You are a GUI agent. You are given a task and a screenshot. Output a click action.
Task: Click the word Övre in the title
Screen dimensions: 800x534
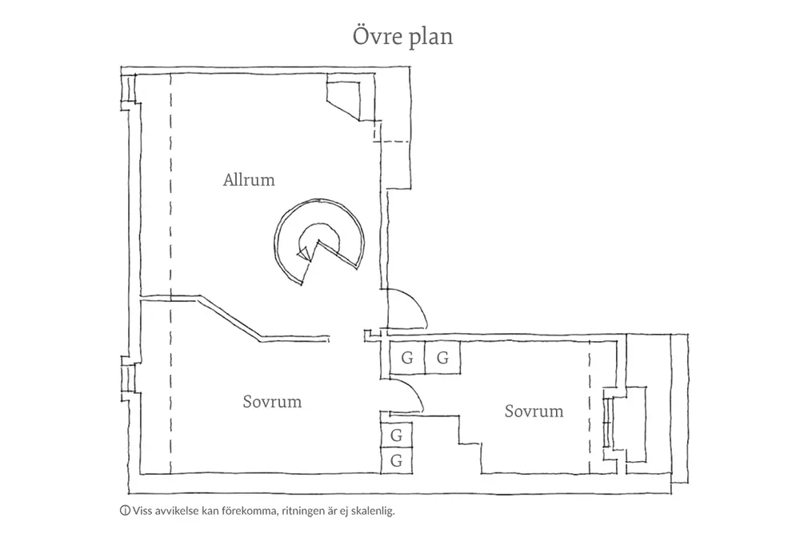point(377,36)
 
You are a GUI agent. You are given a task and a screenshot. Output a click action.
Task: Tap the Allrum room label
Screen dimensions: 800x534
point(249,179)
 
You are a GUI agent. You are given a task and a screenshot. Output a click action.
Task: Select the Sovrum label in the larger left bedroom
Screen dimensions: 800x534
point(273,402)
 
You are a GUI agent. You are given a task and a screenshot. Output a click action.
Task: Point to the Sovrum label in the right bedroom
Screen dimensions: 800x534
point(534,411)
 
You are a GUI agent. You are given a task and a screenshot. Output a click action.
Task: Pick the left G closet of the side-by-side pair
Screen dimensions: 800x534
point(407,358)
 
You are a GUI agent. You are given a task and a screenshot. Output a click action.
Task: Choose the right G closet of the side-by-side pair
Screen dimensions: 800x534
point(443,358)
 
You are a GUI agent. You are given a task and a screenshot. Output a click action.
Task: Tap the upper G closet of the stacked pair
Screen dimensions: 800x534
point(397,436)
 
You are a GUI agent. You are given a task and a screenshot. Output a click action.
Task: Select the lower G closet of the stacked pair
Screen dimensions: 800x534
point(397,461)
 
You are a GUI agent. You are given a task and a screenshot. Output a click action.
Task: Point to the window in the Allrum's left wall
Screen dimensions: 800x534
point(128,90)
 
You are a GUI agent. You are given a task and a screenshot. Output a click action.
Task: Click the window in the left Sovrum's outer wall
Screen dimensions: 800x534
point(128,379)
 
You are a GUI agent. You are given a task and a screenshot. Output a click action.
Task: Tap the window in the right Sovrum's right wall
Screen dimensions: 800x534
point(607,422)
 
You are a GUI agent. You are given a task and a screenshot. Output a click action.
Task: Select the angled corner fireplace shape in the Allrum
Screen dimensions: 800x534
point(344,97)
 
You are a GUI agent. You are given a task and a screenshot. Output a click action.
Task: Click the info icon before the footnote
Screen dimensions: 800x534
point(125,511)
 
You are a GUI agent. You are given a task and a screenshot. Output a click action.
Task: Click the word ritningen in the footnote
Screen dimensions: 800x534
point(302,511)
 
